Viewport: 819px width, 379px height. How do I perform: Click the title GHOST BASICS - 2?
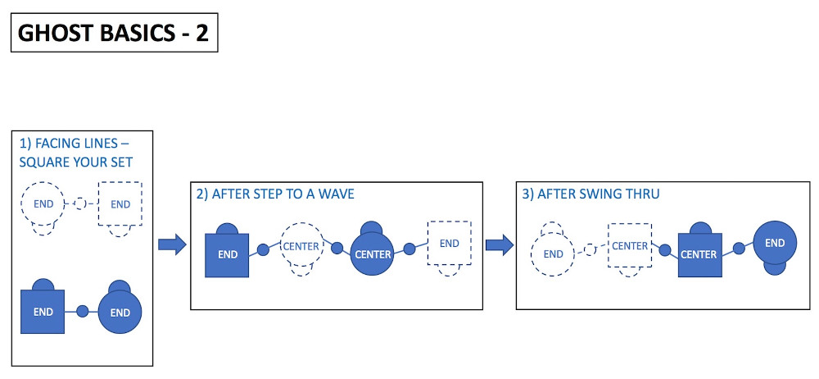[113, 33]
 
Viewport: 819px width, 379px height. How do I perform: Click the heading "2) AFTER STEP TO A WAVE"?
[275, 194]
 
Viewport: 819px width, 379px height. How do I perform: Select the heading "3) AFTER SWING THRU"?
[590, 194]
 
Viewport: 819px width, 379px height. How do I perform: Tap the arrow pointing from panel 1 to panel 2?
[172, 244]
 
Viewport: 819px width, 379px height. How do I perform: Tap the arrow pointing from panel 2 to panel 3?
[500, 244]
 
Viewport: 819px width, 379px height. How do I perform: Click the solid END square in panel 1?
[43, 312]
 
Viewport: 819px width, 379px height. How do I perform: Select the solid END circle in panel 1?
[120, 313]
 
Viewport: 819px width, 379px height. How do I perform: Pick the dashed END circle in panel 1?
[43, 203]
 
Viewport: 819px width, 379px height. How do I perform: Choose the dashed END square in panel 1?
[120, 203]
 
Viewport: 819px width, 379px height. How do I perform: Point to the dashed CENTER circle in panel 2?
[302, 245]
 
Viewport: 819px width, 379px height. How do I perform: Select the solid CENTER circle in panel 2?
[373, 253]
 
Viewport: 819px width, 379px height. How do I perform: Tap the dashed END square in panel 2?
[449, 243]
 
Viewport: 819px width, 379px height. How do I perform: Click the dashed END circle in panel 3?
[553, 253]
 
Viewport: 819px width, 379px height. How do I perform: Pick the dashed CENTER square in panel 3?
[630, 245]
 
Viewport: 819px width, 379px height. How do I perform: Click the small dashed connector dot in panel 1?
[79, 203]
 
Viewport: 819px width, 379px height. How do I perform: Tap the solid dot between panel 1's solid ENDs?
[82, 312]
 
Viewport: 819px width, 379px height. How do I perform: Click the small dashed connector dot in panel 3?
[590, 249]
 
